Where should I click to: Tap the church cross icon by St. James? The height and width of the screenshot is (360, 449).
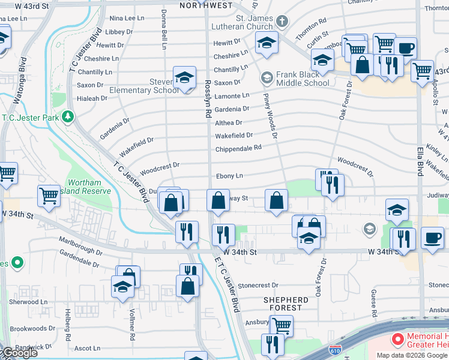click(282, 22)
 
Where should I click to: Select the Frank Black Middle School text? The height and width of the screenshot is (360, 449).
click(303, 79)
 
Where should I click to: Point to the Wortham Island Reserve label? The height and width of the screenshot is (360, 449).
click(85, 187)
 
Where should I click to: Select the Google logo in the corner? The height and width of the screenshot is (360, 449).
click(19, 353)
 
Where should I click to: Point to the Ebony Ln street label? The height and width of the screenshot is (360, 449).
click(230, 176)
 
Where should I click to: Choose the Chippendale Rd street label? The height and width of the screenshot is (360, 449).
click(238, 148)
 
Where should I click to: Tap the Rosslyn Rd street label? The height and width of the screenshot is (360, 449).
click(208, 99)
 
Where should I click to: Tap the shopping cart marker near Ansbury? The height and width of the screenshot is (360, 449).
click(281, 326)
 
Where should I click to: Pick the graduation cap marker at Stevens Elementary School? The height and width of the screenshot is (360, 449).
click(184, 78)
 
